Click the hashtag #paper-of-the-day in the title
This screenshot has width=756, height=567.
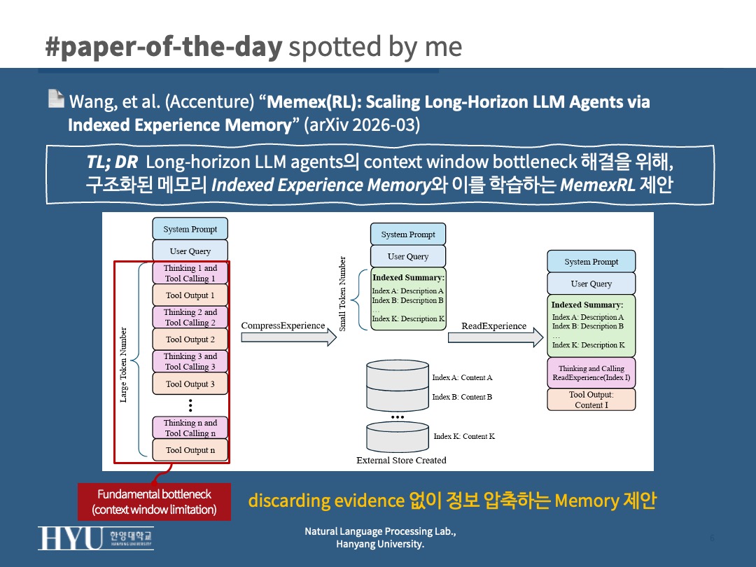[163, 46]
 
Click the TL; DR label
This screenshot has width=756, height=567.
[112, 162]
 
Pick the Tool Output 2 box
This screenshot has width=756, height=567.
[190, 339]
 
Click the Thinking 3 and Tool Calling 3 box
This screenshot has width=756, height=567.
[190, 361]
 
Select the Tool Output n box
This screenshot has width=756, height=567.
[190, 450]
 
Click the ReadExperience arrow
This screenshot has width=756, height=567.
[495, 337]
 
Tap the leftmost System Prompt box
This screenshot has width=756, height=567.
[190, 229]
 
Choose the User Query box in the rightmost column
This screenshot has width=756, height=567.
[591, 283]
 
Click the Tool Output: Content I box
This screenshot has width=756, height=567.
[591, 400]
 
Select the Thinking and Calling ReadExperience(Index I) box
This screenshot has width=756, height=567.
[591, 373]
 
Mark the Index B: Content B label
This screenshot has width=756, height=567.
[462, 397]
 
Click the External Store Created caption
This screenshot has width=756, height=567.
[401, 461]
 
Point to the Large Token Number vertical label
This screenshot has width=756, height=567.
[124, 365]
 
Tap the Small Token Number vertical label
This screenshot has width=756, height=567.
[342, 293]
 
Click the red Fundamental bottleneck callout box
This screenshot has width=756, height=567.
[154, 501]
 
